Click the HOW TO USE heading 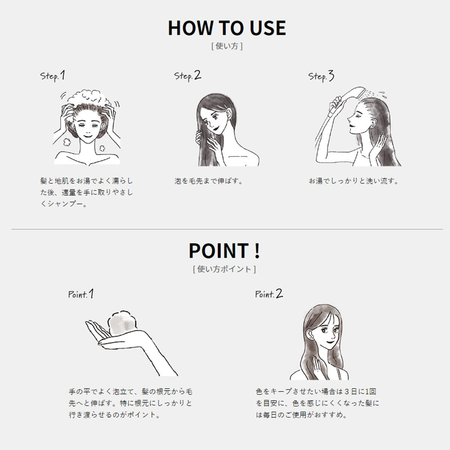click(x=227, y=28)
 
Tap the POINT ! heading click(x=224, y=250)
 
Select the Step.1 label click(x=52, y=76)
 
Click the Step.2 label click(x=187, y=76)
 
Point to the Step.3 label click(x=321, y=76)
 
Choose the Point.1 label click(x=81, y=294)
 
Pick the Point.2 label click(x=269, y=294)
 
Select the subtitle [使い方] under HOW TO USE click(x=227, y=46)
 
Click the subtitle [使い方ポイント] click(x=224, y=269)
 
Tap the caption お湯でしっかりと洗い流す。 click(x=354, y=181)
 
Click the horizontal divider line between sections click(x=227, y=229)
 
